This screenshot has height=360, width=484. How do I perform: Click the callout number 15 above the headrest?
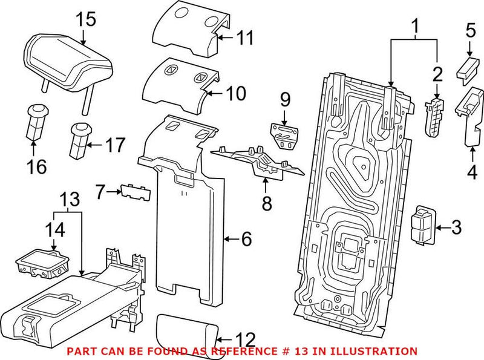coord(86,19)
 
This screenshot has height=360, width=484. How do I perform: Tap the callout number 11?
coord(244,38)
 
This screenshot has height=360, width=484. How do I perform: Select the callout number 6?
coord(246,239)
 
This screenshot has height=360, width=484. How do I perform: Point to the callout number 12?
coord(246,340)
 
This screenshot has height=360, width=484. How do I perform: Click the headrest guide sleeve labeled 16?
coord(36,122)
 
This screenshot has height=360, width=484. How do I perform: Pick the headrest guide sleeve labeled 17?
coord(80,141)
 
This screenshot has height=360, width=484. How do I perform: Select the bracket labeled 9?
coord(284,136)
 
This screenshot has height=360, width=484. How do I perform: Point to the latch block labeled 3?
coord(423,226)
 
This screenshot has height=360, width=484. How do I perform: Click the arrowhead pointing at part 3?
coord(438,228)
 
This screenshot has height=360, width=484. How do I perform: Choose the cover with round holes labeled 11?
coord(191,31)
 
